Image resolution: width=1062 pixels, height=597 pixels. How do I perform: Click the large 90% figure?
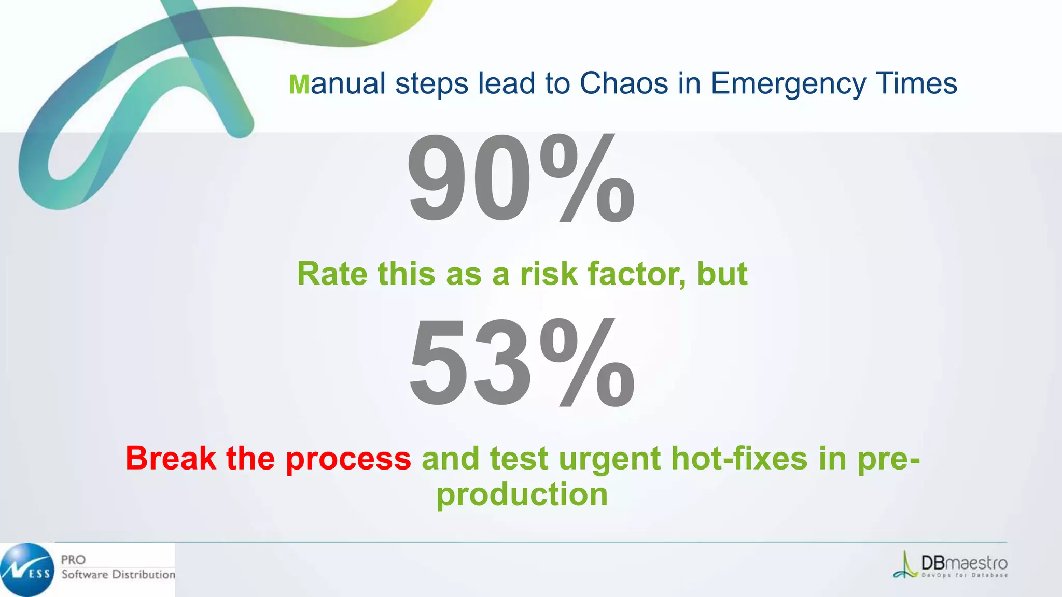521,179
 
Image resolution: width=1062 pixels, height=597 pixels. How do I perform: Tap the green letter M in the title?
299,84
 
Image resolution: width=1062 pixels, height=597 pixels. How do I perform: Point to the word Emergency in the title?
788,84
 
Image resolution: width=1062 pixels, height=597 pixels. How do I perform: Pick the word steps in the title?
431,84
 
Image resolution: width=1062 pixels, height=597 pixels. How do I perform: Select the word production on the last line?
522,495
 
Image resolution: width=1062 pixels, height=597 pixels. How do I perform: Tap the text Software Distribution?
118,574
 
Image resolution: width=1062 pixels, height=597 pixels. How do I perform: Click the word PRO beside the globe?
73,560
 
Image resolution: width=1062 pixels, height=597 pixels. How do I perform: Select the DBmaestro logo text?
963,563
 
